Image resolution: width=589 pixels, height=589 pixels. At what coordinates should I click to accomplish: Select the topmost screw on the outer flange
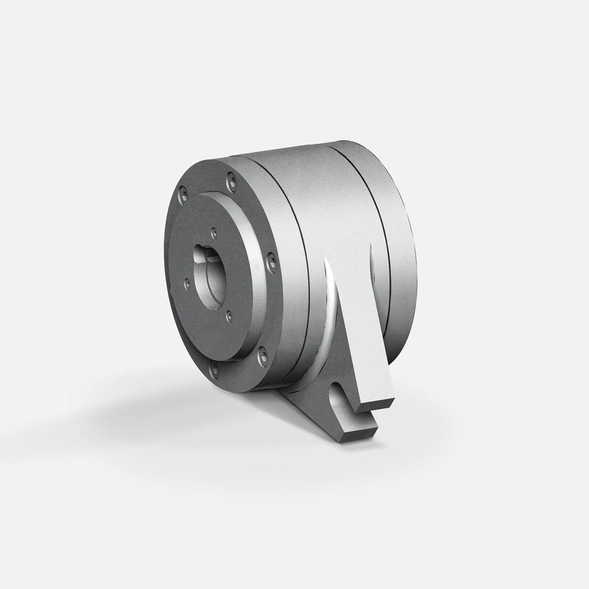click(231, 178)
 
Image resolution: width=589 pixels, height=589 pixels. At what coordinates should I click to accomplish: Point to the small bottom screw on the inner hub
click(229, 316)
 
